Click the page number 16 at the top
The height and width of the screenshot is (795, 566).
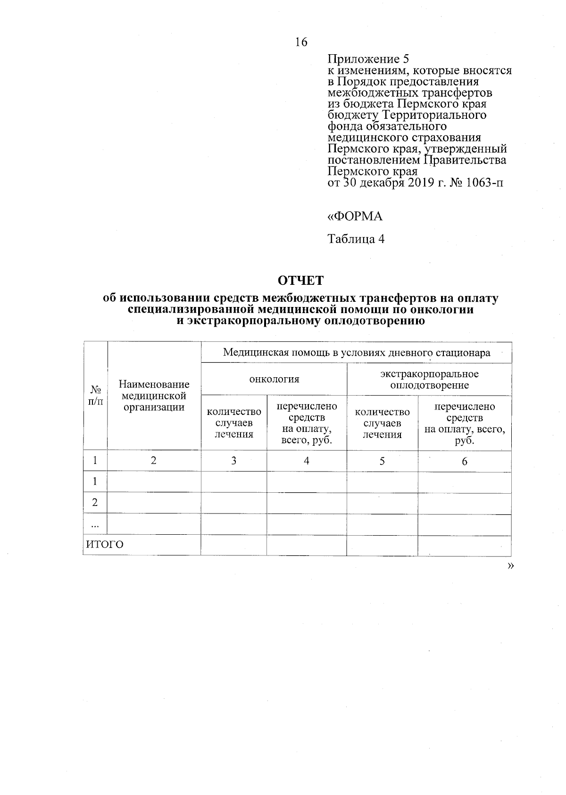tap(301, 42)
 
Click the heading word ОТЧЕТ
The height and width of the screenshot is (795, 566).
tap(300, 280)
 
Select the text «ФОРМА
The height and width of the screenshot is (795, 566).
tap(355, 216)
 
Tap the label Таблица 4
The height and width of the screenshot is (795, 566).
tap(356, 239)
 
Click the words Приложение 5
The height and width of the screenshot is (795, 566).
tap(368, 59)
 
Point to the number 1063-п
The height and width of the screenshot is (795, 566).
tap(484, 182)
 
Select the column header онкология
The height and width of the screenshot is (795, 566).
tap(274, 379)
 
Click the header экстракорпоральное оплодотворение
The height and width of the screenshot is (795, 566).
tap(429, 380)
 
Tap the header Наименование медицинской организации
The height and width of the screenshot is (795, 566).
tap(154, 396)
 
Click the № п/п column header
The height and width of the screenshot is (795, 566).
tap(96, 396)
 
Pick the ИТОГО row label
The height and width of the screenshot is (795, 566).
tap(105, 545)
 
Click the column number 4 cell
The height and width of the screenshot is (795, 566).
tap(307, 461)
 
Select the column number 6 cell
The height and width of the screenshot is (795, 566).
tap(464, 461)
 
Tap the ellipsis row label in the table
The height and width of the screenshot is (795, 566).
tap(95, 525)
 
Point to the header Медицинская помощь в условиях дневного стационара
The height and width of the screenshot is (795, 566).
tap(356, 353)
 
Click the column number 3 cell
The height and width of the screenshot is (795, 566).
tap(233, 461)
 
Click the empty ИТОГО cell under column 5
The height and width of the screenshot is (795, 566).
tap(382, 546)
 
